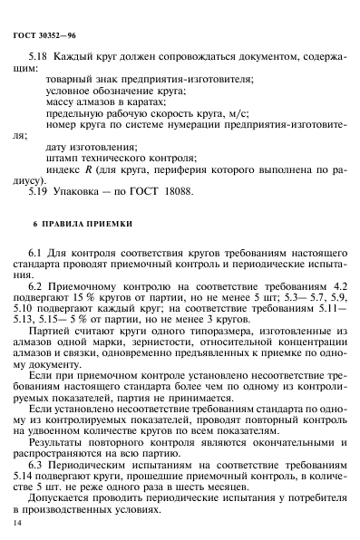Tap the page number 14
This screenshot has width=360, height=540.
17,523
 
